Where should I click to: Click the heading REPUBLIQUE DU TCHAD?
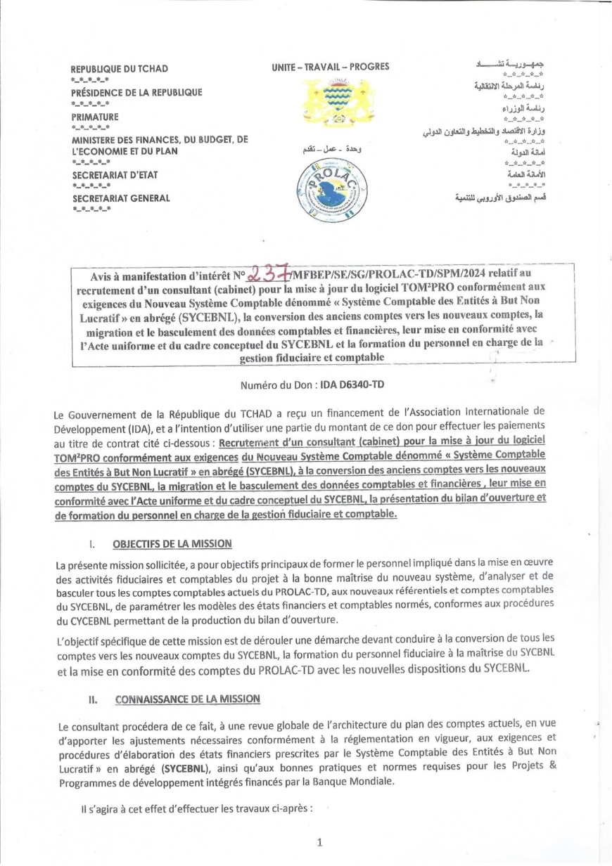[114, 70]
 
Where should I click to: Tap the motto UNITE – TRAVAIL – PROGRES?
[320, 67]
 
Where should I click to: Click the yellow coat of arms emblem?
[332, 103]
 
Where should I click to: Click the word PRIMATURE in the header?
[95, 117]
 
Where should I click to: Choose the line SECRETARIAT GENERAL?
[121, 198]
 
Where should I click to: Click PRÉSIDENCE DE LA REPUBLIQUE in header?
[136, 93]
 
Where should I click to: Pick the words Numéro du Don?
[276, 385]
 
